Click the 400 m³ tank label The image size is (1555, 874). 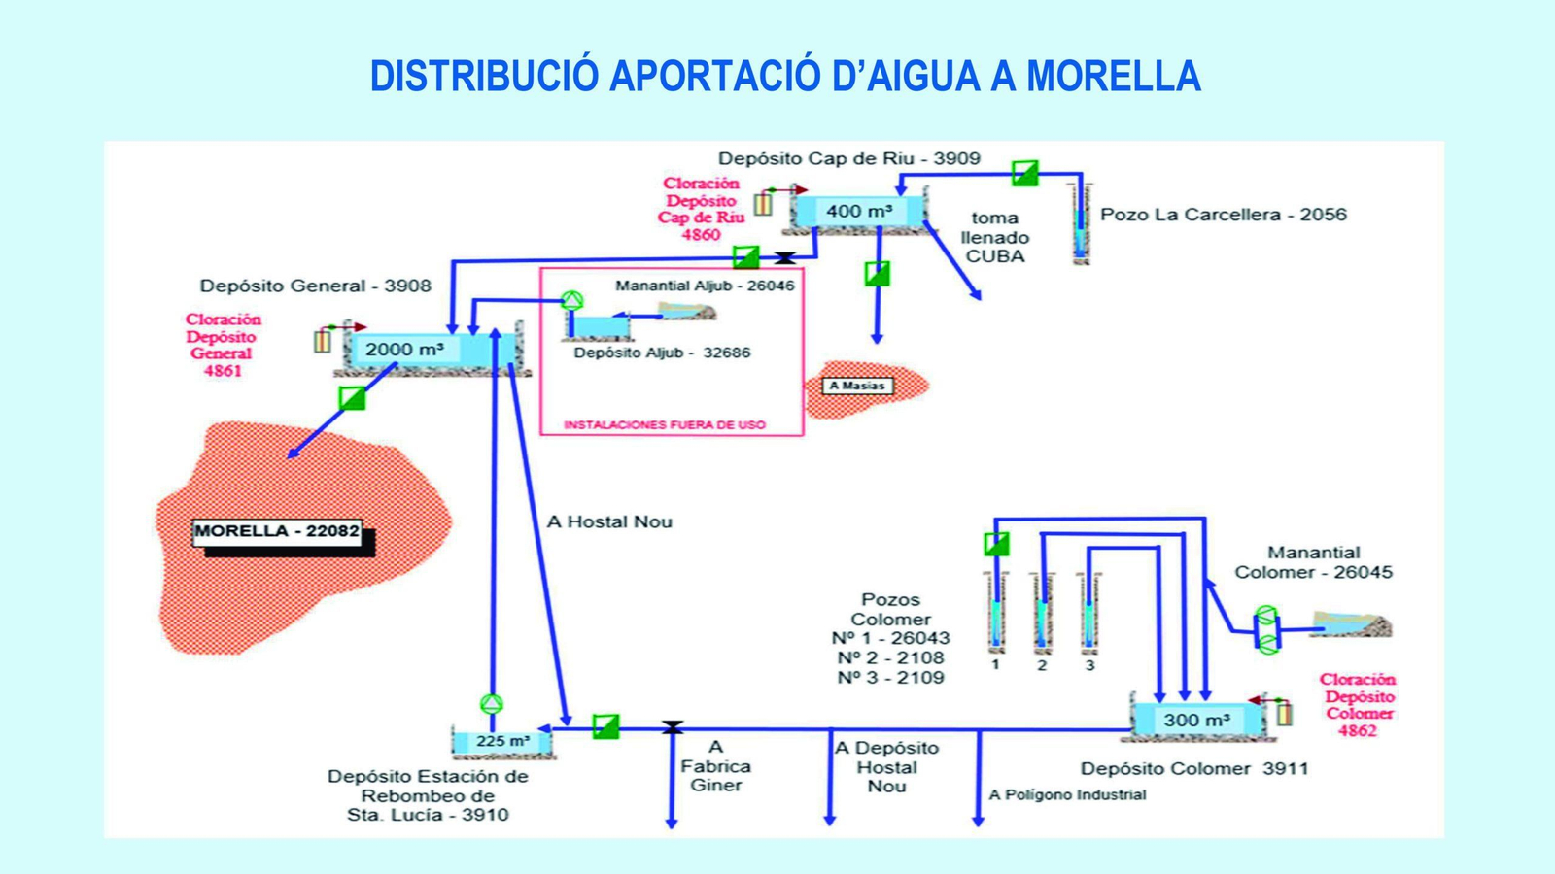pyautogui.click(x=859, y=211)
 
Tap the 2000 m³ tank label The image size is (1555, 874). pyautogui.click(x=404, y=349)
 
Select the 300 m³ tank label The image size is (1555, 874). pyautogui.click(x=1196, y=720)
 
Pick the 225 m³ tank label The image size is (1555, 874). pyautogui.click(x=502, y=741)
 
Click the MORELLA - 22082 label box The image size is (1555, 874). pyautogui.click(x=277, y=531)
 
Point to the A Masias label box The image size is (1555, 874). pyautogui.click(x=856, y=386)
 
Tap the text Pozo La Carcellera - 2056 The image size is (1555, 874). pyautogui.click(x=1223, y=215)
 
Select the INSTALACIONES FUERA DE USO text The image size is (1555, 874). pyautogui.click(x=665, y=424)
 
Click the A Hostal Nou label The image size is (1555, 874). pyautogui.click(x=609, y=521)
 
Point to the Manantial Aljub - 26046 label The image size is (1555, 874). pyautogui.click(x=705, y=286)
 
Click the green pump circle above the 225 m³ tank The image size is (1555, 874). pyautogui.click(x=492, y=704)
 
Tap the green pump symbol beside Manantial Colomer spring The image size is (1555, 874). pyautogui.click(x=1266, y=629)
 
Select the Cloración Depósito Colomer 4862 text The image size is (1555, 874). pyautogui.click(x=1358, y=705)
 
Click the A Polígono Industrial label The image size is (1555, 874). pyautogui.click(x=1067, y=794)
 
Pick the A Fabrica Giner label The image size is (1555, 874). pyautogui.click(x=715, y=766)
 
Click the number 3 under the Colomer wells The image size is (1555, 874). pyautogui.click(x=1089, y=665)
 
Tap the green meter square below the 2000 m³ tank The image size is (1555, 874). pyautogui.click(x=352, y=398)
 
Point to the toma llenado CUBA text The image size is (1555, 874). pyautogui.click(x=994, y=237)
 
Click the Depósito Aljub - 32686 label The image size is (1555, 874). pyautogui.click(x=662, y=353)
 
